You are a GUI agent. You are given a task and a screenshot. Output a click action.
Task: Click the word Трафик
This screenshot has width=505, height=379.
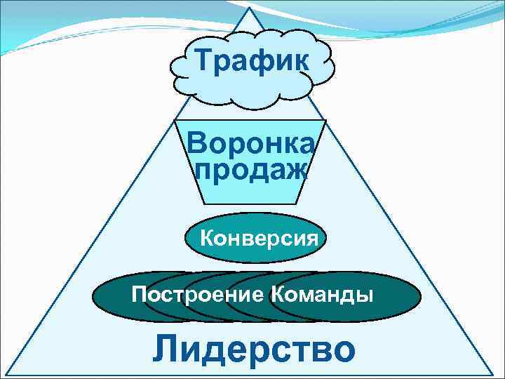point(252,62)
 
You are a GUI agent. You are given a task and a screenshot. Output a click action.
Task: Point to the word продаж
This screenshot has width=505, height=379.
point(251,169)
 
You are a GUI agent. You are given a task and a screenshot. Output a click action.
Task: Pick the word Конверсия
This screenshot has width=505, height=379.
point(260,238)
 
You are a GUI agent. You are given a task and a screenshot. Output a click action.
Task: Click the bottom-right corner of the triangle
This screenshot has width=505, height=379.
point(493,373)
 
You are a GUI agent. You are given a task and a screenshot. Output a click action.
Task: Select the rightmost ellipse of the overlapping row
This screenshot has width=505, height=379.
point(393,296)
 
